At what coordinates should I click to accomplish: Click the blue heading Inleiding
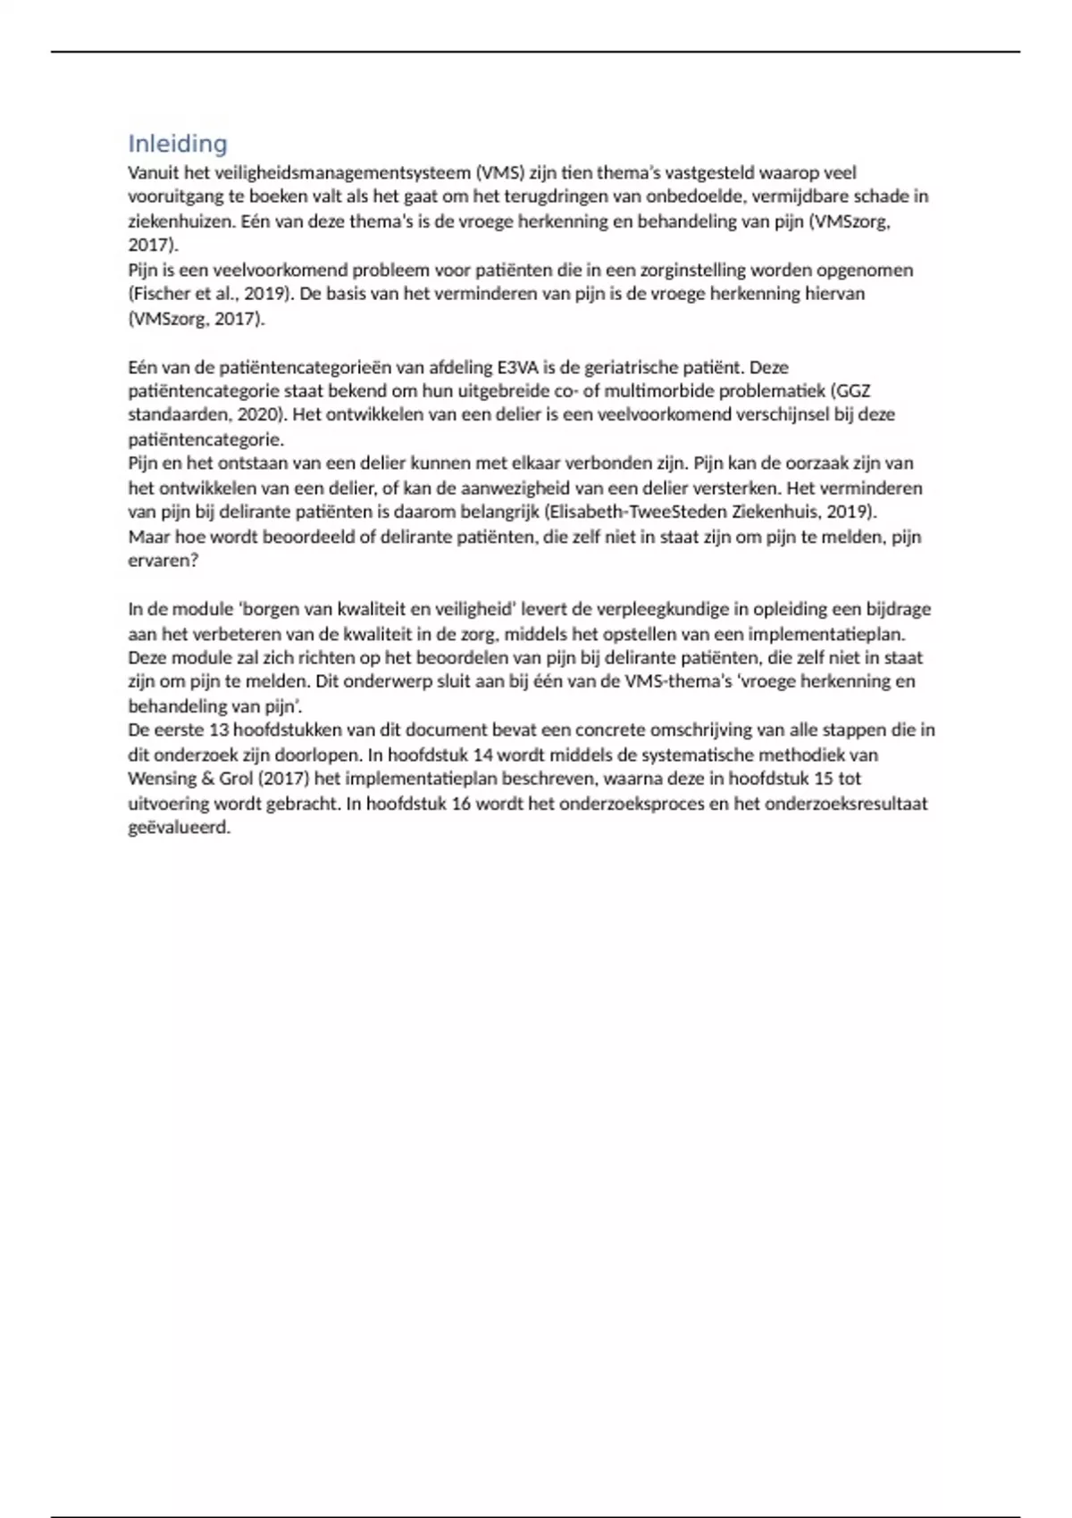point(178,144)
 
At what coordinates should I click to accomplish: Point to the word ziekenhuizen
point(180,221)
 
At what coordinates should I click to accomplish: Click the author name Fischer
point(160,294)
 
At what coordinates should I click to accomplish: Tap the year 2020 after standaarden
point(259,415)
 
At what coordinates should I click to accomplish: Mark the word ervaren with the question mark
point(163,561)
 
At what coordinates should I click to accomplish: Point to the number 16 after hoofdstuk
point(461,803)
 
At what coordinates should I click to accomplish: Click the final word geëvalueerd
point(180,828)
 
